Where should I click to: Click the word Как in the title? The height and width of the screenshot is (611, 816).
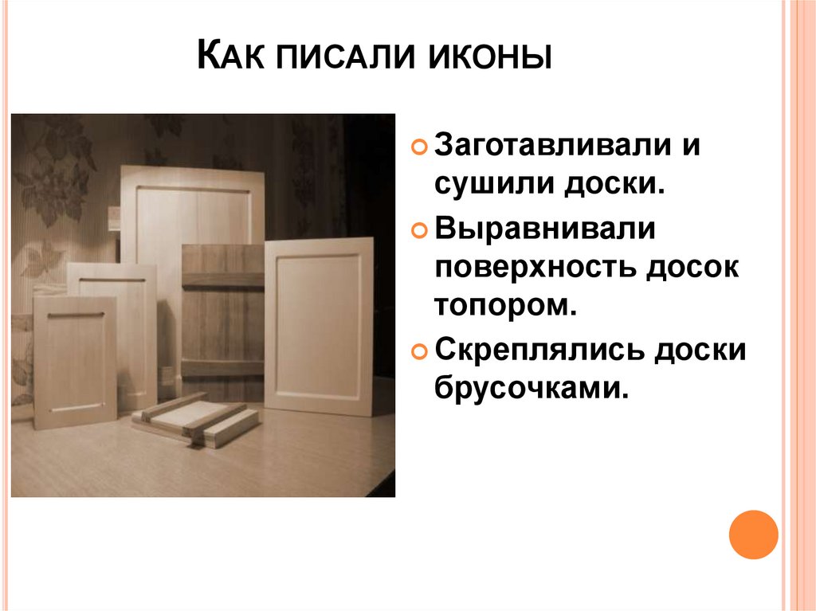(x=229, y=61)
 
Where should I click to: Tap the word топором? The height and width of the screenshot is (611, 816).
(x=504, y=307)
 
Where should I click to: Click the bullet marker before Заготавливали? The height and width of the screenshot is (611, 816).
(x=419, y=149)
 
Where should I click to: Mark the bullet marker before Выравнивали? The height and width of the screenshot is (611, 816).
(x=419, y=230)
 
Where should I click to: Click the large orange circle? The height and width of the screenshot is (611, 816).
(x=752, y=535)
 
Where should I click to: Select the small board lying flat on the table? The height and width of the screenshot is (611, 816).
(x=195, y=418)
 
